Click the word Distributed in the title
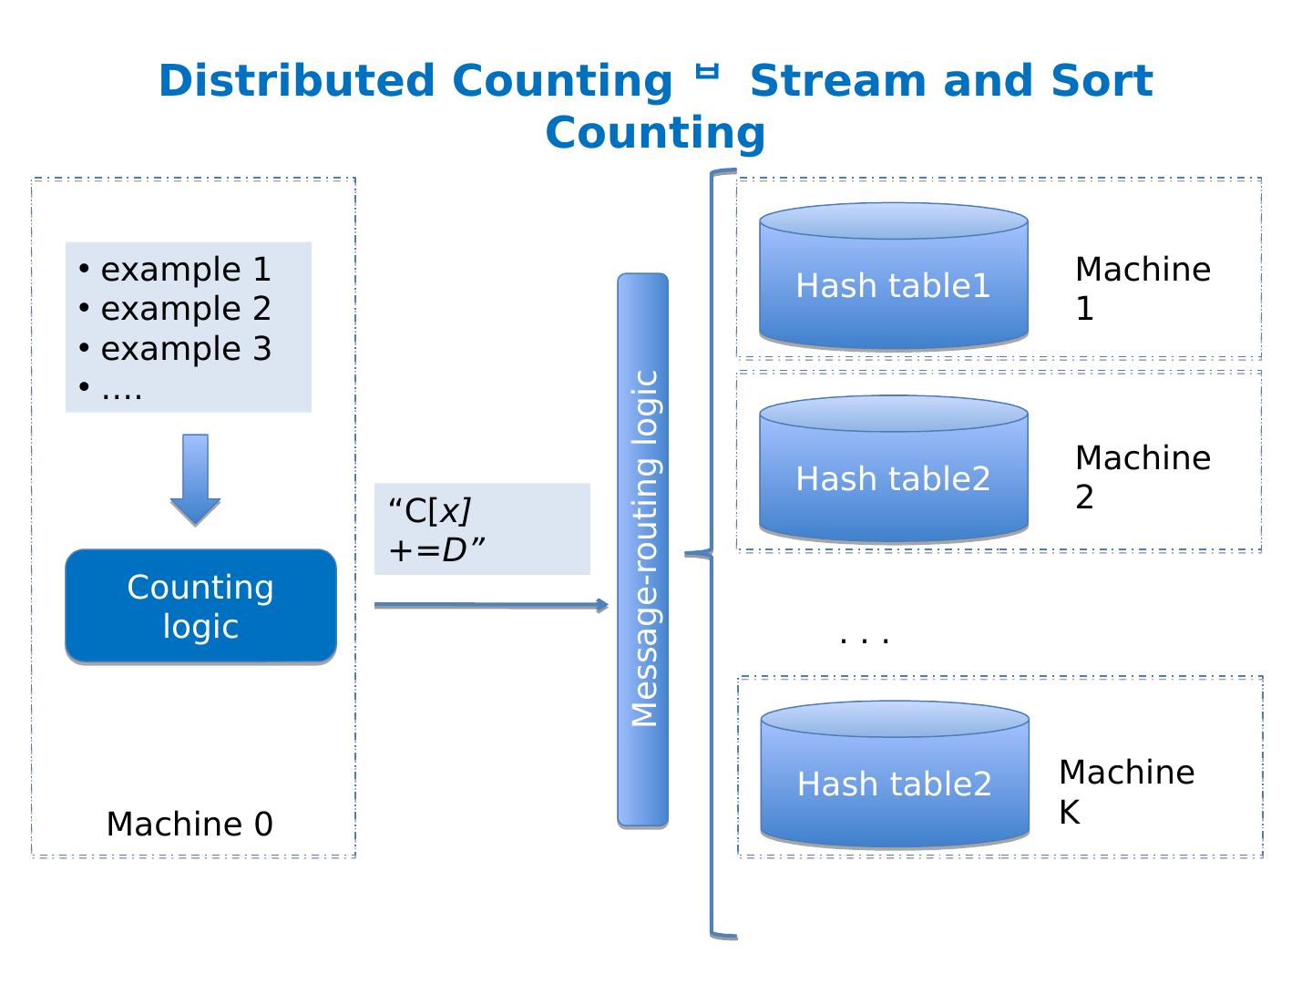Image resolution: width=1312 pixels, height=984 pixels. point(296,81)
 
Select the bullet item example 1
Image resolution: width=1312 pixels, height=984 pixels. point(186,270)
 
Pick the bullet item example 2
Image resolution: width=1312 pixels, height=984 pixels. point(186,309)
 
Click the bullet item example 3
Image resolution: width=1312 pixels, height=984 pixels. point(186,349)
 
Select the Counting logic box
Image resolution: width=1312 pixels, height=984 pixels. point(200,606)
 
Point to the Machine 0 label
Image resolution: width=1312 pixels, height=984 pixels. point(190,824)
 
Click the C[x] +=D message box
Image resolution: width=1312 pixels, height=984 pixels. point(482,529)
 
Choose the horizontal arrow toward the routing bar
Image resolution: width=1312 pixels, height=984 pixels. point(490,605)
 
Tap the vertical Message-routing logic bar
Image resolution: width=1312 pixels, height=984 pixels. point(643,549)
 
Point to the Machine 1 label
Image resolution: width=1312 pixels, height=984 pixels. point(1143,289)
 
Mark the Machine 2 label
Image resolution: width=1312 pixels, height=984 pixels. point(1143,477)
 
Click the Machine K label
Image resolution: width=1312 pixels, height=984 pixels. point(1126,792)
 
